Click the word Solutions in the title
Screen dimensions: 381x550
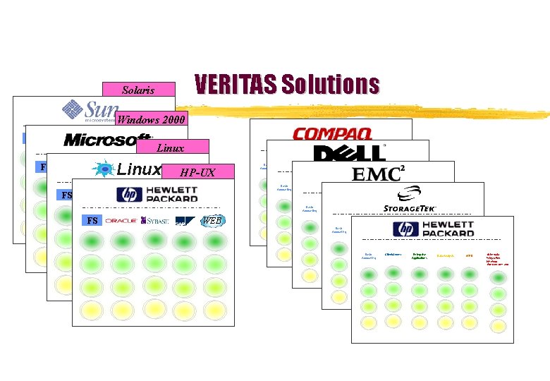pyautogui.click(x=330, y=85)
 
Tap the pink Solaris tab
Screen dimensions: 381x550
pyautogui.click(x=138, y=90)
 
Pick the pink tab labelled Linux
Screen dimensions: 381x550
pyautogui.click(x=170, y=147)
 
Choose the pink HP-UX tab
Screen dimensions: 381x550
pyautogui.click(x=197, y=172)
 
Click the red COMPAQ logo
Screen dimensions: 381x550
pyautogui.click(x=331, y=133)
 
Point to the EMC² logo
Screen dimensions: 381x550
pyautogui.click(x=378, y=174)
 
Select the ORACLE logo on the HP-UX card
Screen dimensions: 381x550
pyautogui.click(x=121, y=221)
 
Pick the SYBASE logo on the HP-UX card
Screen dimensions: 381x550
pyautogui.click(x=155, y=221)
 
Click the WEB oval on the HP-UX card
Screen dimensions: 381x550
pyautogui.click(x=212, y=221)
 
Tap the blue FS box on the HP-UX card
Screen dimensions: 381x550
pyautogui.click(x=92, y=221)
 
